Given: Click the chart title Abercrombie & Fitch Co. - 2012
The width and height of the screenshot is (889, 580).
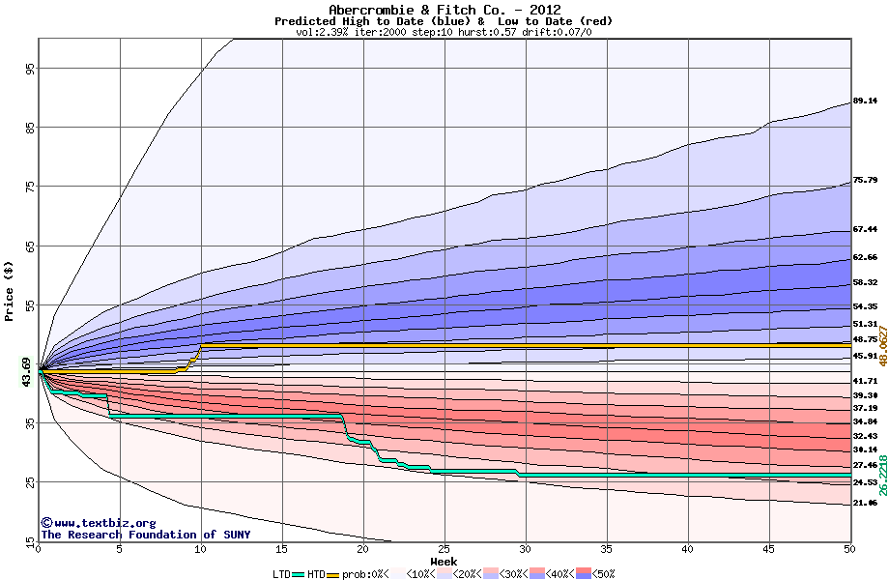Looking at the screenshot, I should pyautogui.click(x=444, y=10).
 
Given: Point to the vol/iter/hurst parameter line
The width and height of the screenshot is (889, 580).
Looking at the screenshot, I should pyautogui.click(x=444, y=32).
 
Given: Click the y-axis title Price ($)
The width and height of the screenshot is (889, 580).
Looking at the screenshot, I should pyautogui.click(x=10, y=291).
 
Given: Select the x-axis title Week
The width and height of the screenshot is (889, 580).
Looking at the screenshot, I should pyautogui.click(x=444, y=561).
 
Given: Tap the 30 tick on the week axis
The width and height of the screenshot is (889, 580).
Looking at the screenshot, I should pyautogui.click(x=525, y=549).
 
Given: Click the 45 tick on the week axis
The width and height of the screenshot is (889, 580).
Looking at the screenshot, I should pyautogui.click(x=768, y=549).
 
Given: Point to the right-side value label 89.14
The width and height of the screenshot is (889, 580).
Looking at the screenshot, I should pyautogui.click(x=864, y=101).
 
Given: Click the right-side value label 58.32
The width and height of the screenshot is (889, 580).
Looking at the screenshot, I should pyautogui.click(x=864, y=282).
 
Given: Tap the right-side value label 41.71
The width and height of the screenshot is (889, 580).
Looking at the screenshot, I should pyautogui.click(x=864, y=381).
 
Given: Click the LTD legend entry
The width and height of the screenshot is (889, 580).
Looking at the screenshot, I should pyautogui.click(x=283, y=573).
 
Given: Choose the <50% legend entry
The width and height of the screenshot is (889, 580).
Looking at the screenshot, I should pyautogui.click(x=600, y=573).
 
